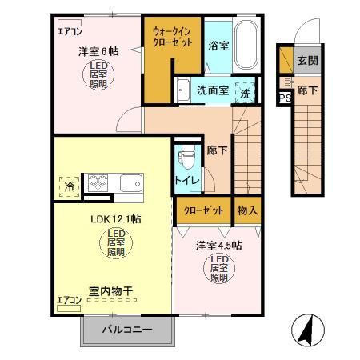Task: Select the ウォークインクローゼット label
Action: point(172,37)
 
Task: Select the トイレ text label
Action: point(186,180)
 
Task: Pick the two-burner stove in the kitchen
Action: point(98,184)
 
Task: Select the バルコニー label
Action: point(128,330)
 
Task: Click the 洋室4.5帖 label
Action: point(220,246)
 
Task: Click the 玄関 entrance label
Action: point(308,59)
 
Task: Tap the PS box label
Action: point(283,99)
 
